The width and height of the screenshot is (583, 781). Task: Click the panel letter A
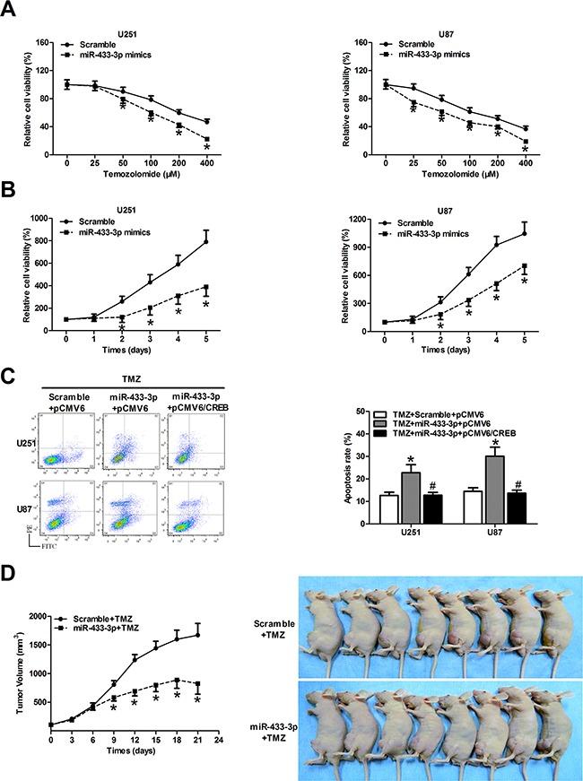pos(8,8)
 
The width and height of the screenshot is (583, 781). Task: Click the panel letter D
pos(8,594)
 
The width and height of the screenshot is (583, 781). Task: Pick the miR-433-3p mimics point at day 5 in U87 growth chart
pos(525,266)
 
